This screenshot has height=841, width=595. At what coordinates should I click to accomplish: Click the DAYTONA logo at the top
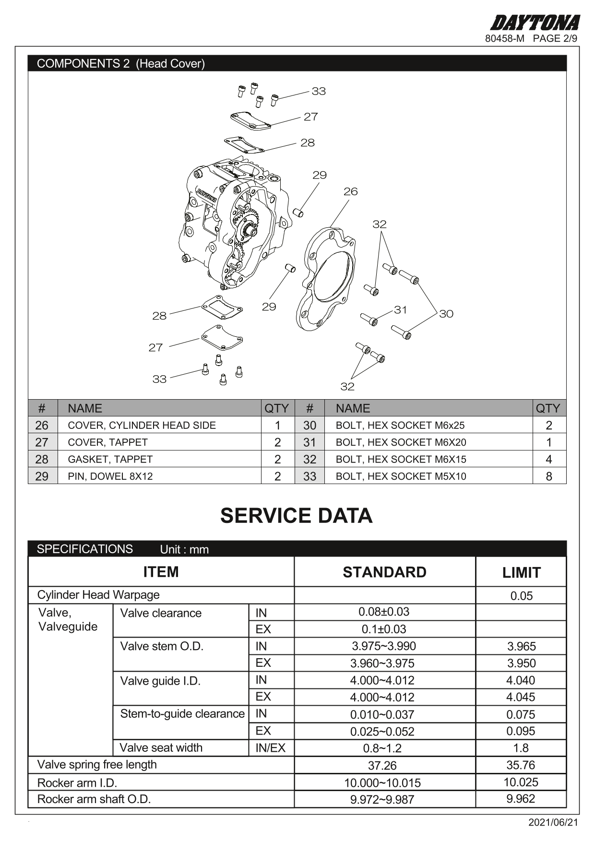tap(535, 23)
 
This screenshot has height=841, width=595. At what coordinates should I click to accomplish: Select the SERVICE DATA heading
tap(296, 516)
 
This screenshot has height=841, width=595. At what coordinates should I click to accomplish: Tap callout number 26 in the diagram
tap(350, 191)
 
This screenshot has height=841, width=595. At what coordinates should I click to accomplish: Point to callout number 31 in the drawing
tap(400, 310)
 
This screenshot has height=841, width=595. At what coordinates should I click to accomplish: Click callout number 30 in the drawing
tap(446, 314)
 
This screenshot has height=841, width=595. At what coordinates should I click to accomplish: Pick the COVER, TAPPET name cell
tap(107, 442)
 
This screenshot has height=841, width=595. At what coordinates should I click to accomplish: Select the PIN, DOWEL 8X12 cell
tap(110, 476)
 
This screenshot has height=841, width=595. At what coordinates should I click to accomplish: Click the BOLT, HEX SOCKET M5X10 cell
tap(401, 476)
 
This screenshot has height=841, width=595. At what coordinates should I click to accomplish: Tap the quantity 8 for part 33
tap(548, 476)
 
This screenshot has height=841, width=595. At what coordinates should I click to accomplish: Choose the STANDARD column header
tap(384, 572)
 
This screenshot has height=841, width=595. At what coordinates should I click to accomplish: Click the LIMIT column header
tap(521, 572)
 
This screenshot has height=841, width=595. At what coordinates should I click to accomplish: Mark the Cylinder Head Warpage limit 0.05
tap(521, 596)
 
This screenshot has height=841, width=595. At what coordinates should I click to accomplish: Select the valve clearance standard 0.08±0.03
tap(384, 612)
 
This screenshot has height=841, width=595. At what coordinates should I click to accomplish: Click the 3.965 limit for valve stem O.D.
tap(521, 646)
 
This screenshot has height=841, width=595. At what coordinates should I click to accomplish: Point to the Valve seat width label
tap(161, 747)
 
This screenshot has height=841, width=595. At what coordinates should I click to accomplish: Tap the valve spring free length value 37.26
tap(382, 766)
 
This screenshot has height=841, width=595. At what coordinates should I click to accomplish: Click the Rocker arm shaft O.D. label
tap(94, 799)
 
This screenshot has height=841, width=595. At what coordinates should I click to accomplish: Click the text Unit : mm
tap(184, 550)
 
